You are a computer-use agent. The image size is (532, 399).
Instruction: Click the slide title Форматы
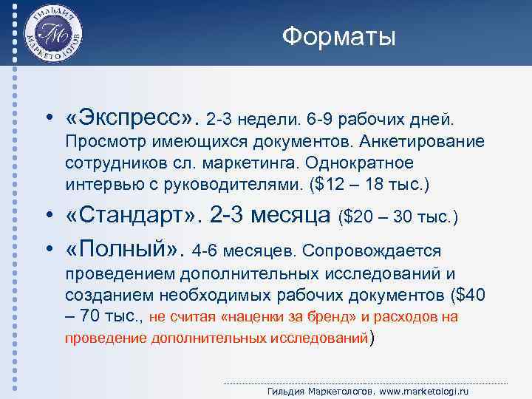[x=339, y=36]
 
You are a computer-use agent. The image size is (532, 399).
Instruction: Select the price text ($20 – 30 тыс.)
[x=398, y=217]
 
